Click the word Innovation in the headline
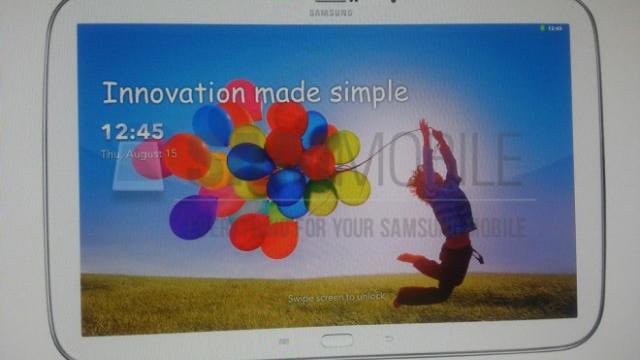[175, 94]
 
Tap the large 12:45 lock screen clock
[131, 132]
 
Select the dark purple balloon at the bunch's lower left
[192, 217]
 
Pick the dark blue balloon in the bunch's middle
[250, 160]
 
